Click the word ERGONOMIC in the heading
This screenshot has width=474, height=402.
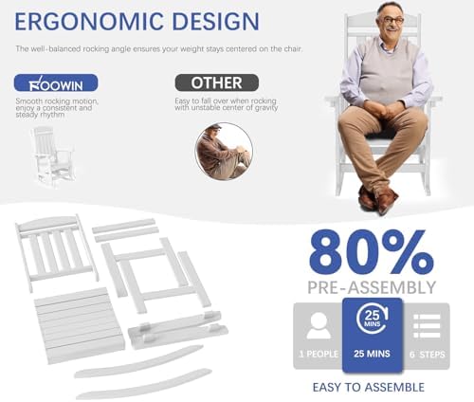point(89,22)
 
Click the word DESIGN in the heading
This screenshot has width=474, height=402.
point(216,22)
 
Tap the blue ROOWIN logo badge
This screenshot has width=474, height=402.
point(56,82)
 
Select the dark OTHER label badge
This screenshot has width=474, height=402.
point(217,82)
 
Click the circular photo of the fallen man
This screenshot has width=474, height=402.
point(224,152)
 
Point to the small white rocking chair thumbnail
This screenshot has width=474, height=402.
point(54,156)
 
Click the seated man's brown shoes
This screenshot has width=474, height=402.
point(378,199)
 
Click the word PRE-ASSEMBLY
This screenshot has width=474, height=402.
point(372,287)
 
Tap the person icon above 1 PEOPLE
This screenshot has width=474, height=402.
point(319,325)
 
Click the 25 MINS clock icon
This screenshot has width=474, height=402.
point(372,319)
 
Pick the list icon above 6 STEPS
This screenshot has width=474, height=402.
point(427,326)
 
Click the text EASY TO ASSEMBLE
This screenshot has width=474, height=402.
point(369,387)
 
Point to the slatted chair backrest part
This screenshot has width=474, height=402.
point(56,252)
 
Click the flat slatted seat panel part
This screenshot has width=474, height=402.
point(79,325)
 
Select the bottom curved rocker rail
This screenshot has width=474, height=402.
point(144,384)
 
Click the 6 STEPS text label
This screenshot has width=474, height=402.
point(428,355)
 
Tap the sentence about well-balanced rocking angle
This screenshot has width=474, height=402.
point(159,49)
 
